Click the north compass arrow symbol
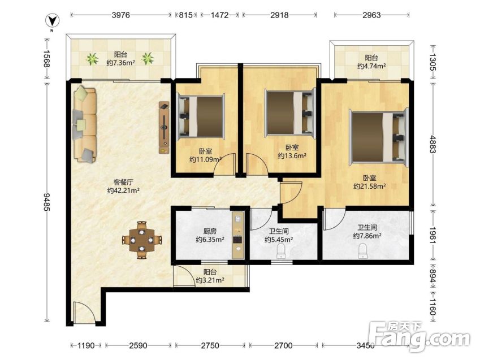click(x=53, y=21)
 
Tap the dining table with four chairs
click(x=141, y=240)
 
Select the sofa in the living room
click(x=85, y=124)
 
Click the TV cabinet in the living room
click(x=164, y=127)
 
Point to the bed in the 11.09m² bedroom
click(x=201, y=116)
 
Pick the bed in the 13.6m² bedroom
click(x=290, y=112)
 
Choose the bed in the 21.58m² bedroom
click(x=379, y=137)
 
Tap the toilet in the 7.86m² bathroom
click(x=363, y=251)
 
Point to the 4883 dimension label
click(x=433, y=144)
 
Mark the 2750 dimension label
click(x=210, y=346)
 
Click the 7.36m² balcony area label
click(x=121, y=63)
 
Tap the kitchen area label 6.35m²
click(x=210, y=240)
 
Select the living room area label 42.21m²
click(x=124, y=190)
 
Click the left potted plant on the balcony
click(x=92, y=58)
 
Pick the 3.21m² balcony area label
click(x=210, y=280)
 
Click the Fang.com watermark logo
click(x=419, y=337)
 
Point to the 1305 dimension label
click(x=433, y=62)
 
